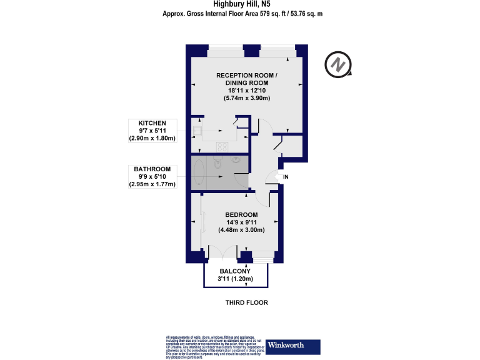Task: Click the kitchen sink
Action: pos(197,131)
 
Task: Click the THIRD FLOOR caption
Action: pos(246,302)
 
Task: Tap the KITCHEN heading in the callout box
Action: pos(152,123)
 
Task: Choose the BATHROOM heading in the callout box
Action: pos(152,169)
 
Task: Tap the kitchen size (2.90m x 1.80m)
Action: pos(152,138)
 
